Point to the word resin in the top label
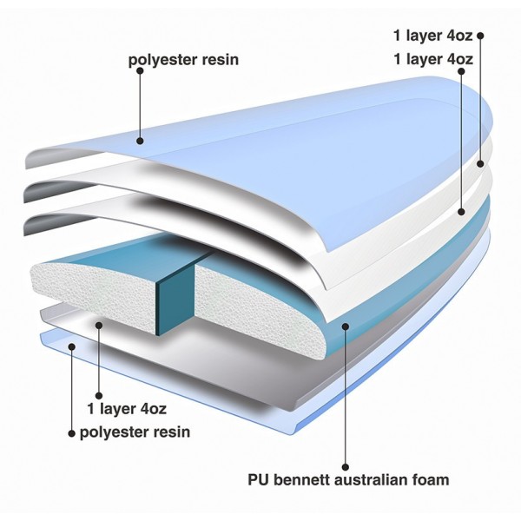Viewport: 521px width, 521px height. (x=221, y=60)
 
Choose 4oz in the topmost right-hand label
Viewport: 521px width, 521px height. (x=459, y=36)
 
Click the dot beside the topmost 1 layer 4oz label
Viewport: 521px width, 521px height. (x=480, y=36)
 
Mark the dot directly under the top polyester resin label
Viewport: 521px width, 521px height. (x=140, y=71)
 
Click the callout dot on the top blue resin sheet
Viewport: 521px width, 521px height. (x=140, y=141)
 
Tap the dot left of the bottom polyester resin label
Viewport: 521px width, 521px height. (x=71, y=433)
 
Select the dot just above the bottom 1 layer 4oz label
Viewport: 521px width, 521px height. (x=99, y=395)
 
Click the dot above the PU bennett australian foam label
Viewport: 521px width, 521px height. (x=346, y=467)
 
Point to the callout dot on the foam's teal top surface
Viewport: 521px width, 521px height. (x=346, y=326)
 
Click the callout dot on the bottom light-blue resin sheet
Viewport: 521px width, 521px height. (x=71, y=346)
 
